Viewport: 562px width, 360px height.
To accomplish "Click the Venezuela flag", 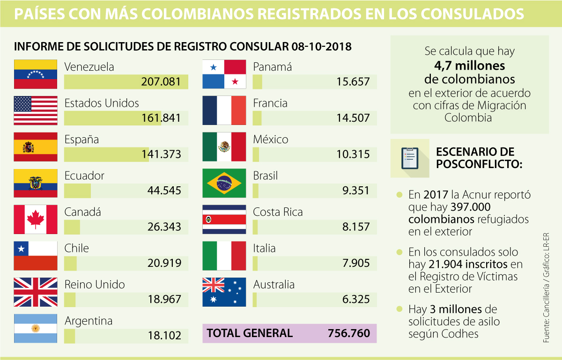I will click(x=36, y=74).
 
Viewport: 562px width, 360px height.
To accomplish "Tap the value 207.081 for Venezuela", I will click(x=161, y=82).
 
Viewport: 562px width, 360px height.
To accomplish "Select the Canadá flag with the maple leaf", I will click(x=36, y=220).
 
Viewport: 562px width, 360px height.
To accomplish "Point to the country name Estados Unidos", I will click(x=102, y=103).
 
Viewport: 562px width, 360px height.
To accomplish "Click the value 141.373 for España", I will click(x=161, y=154).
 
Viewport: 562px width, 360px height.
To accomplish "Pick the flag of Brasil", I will click(x=224, y=184).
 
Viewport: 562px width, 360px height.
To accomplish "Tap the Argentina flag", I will click(x=36, y=328).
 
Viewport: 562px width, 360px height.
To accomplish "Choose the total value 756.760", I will click(x=349, y=333).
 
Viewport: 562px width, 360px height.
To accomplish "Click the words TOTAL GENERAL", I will click(x=250, y=333).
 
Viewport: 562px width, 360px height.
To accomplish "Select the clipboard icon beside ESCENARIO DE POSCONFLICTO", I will click(x=409, y=158).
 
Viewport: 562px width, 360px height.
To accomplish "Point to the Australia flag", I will click(x=224, y=292).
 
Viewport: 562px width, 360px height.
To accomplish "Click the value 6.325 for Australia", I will click(x=356, y=299).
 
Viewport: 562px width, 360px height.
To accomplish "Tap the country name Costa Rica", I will click(x=278, y=212).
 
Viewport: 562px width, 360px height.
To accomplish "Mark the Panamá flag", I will click(x=224, y=74).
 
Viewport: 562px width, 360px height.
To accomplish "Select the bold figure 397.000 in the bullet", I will click(x=470, y=207).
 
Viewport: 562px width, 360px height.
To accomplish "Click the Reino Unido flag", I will click(x=36, y=292).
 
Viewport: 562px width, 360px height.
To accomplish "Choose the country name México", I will click(x=271, y=140).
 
